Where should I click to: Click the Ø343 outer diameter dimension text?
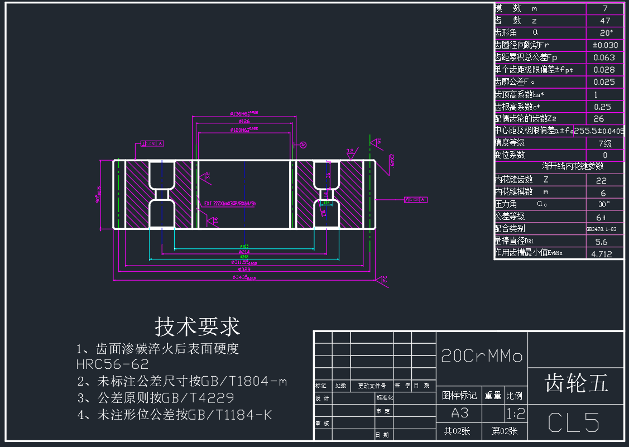[244, 277]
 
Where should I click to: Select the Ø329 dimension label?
[244, 270]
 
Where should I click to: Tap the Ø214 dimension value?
[244, 252]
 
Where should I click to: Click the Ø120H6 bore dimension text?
[244, 129]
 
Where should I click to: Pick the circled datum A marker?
[303, 145]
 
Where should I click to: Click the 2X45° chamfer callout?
[392, 160]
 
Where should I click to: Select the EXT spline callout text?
[230, 204]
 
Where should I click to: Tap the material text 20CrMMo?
[481, 356]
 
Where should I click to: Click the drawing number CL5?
[574, 422]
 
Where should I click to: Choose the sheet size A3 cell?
[459, 414]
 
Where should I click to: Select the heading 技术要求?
[197, 326]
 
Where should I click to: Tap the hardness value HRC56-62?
[112, 365]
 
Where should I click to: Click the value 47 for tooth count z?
[605, 21]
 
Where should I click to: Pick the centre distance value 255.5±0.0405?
[599, 131]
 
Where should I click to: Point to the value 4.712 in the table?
[601, 254]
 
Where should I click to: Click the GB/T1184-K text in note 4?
[231, 415]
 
